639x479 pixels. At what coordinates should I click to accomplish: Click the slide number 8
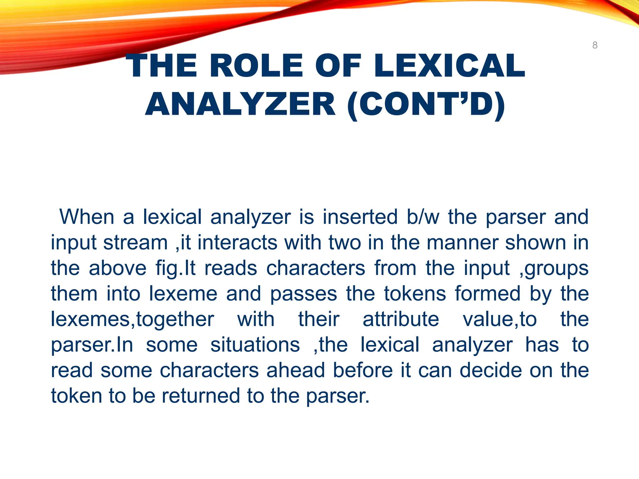tap(595, 45)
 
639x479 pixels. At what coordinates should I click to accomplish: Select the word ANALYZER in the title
tap(240, 104)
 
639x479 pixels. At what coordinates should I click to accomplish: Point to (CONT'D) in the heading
tap(426, 104)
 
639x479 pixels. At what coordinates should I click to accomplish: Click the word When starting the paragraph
tap(87, 217)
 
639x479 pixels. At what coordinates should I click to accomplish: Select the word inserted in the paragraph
tap(360, 217)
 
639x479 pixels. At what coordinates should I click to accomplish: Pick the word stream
tap(135, 242)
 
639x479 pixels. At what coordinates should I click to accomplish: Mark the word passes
tap(304, 294)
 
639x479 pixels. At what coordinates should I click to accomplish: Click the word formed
tap(488, 294)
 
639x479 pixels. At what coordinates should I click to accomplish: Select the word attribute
tap(401, 319)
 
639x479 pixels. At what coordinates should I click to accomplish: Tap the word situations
tap(255, 345)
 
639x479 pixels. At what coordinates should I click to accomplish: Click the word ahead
tap(296, 370)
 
